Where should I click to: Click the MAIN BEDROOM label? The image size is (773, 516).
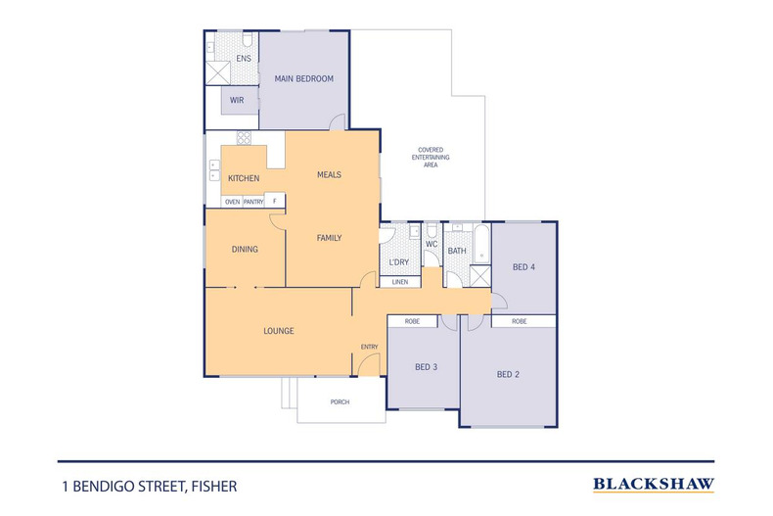coord(303,78)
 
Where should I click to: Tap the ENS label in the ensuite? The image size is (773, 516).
coord(244,59)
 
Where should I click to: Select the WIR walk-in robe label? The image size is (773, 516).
coord(237,100)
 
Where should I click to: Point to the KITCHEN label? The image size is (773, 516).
coord(244,178)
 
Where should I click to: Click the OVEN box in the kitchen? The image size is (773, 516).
coord(232,202)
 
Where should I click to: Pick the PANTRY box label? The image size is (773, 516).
coord(253,202)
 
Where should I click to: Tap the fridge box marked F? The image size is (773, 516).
coord(275,202)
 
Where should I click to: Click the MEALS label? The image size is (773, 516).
coord(329,174)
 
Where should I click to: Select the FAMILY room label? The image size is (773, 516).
coord(329,238)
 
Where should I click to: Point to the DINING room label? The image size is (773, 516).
coord(245,250)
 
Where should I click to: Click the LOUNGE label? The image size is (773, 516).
coord(279,331)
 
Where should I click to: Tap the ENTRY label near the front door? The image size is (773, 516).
coord(369,347)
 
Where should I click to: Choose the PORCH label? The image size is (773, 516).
coord(340,402)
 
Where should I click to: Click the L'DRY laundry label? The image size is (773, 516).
coord(398,262)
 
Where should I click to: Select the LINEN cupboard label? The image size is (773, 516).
coord(399,282)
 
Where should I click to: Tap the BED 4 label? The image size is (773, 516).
coord(523,266)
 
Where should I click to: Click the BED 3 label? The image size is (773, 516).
coord(426,367)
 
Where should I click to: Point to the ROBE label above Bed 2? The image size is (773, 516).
coord(519,321)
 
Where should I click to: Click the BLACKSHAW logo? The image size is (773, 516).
coord(654,484)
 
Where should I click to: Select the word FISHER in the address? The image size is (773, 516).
coord(214,486)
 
